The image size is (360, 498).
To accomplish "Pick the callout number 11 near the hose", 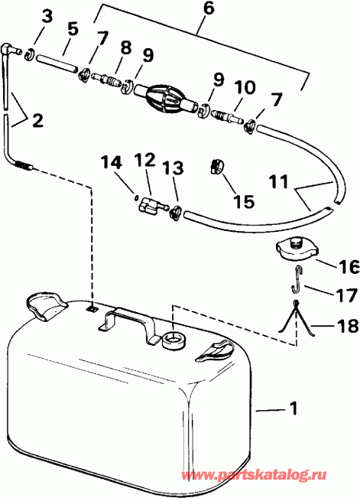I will click(x=280, y=183).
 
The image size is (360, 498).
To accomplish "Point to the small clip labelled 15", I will click(x=219, y=166).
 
